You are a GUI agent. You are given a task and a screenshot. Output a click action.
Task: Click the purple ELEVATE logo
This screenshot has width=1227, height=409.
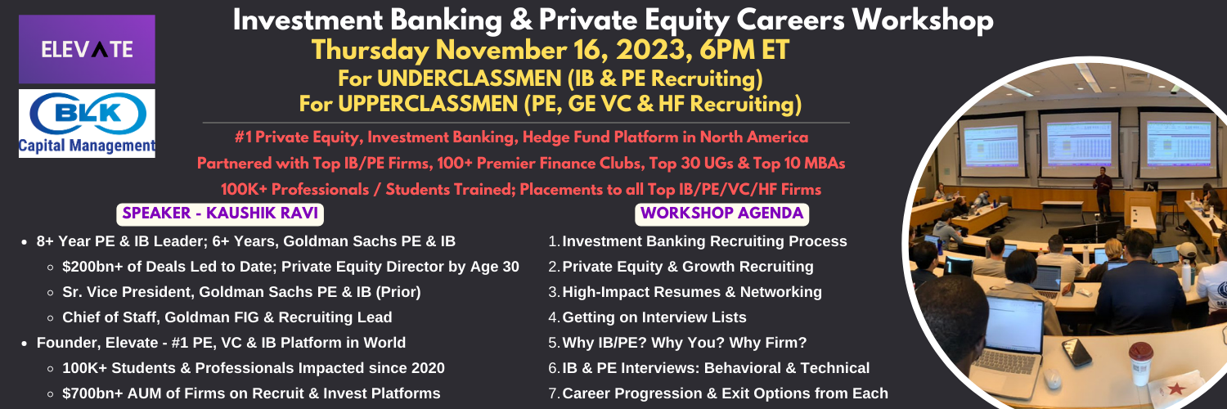click(87, 49)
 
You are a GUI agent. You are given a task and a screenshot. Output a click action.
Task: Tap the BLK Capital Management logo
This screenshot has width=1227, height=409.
click(87, 124)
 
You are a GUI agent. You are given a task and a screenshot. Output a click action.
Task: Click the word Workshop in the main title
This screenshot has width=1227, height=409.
click(923, 20)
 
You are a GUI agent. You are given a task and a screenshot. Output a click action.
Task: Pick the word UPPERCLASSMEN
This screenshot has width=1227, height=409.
click(428, 104)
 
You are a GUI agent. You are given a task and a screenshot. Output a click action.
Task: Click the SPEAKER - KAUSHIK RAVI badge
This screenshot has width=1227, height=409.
click(220, 213)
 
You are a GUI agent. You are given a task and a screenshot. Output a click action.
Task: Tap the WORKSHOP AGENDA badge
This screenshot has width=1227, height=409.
click(722, 213)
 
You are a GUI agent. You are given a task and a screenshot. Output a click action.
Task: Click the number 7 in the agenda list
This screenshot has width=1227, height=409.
click(553, 393)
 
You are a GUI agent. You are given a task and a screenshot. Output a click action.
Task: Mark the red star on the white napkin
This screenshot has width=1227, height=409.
click(1176, 389)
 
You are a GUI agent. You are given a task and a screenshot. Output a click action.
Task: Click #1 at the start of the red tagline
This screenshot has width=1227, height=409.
click(243, 137)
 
